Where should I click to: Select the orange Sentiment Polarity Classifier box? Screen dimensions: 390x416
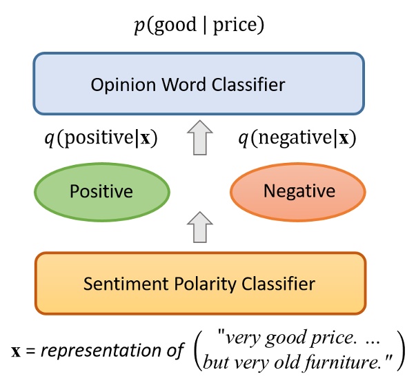(x=199, y=283)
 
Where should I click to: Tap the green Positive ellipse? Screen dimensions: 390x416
(x=101, y=191)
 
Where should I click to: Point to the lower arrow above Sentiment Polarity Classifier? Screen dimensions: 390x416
(x=199, y=227)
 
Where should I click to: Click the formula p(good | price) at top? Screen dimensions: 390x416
(x=199, y=26)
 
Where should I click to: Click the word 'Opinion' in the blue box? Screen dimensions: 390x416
(x=119, y=86)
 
